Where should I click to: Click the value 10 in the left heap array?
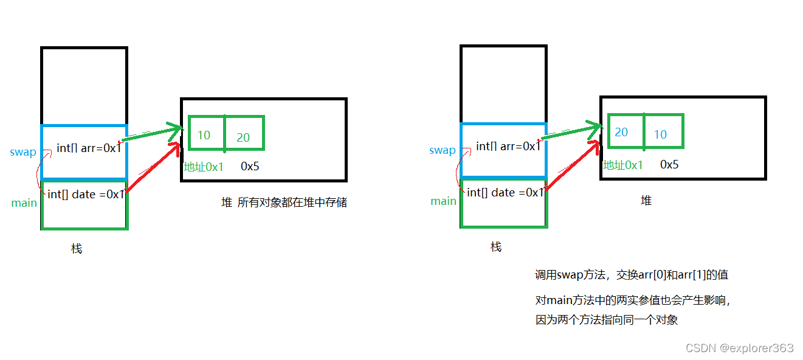coord(204,135)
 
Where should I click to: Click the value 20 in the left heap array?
coord(243,137)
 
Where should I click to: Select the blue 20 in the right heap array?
coord(621,133)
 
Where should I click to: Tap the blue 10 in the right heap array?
coord(661,134)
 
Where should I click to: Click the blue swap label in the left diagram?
coord(23,152)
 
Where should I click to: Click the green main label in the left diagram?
coord(24,202)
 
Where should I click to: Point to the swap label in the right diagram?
coord(443,150)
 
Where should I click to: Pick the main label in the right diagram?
coord(444,201)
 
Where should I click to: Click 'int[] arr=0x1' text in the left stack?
coord(89,148)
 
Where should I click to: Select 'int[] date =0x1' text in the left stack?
coord(86,194)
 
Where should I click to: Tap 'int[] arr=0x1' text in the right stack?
coord(508,146)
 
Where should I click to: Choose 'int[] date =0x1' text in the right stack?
coord(506,192)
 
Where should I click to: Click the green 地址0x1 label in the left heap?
coord(204,167)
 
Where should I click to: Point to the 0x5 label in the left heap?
coord(250,166)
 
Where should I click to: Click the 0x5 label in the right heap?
coord(669,164)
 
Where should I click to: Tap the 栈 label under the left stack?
coord(77,248)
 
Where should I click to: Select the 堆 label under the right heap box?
coord(646,200)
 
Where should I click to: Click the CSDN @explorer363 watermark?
coord(739,348)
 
